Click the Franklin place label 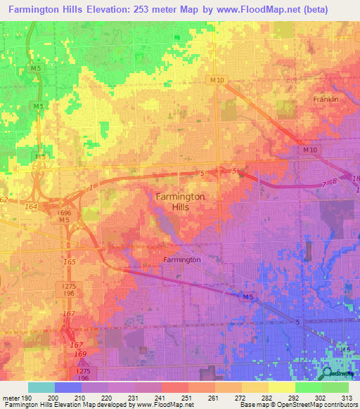click(x=326, y=100)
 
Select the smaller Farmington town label click(x=182, y=259)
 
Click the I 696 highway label click(x=65, y=212)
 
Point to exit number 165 click(x=70, y=261)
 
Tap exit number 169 click(x=81, y=354)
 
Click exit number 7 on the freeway click(x=323, y=184)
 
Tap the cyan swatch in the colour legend click(x=41, y=387)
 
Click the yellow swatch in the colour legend click(x=281, y=387)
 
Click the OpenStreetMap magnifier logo click(x=329, y=372)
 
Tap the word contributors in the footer click(x=340, y=405)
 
